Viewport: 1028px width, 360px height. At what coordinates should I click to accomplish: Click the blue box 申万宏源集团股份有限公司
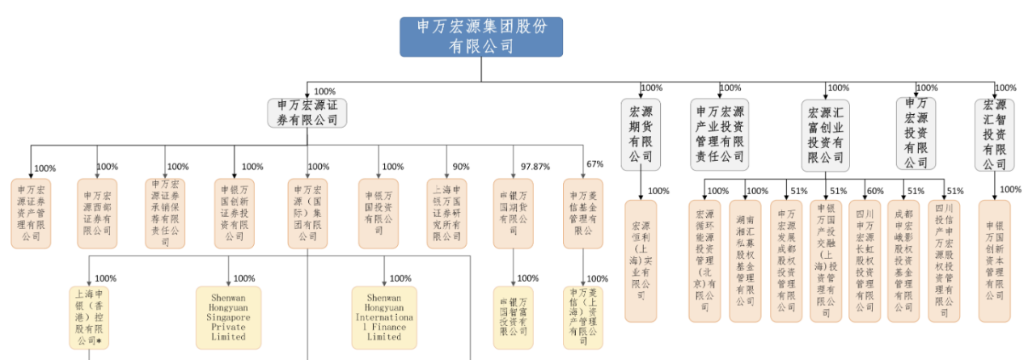click(x=481, y=36)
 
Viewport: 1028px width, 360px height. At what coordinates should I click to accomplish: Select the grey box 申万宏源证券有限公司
click(x=307, y=112)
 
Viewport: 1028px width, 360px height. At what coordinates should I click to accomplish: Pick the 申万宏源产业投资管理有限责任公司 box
click(x=720, y=133)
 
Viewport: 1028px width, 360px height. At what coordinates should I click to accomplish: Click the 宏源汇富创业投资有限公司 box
click(x=826, y=133)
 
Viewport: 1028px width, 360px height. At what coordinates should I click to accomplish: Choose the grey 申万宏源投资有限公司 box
click(x=916, y=133)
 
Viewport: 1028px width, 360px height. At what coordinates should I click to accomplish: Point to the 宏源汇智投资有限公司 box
click(x=995, y=133)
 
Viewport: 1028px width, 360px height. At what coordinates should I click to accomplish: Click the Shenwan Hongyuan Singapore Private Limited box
click(x=228, y=317)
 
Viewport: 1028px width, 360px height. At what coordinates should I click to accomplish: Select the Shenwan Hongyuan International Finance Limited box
click(x=384, y=317)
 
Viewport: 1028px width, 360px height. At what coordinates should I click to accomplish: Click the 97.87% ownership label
click(x=535, y=167)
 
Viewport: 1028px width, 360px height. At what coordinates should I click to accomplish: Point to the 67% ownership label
click(x=594, y=164)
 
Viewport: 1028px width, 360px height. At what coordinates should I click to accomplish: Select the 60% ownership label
click(x=875, y=191)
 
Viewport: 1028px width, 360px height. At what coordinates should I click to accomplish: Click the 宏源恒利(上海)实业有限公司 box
click(x=640, y=261)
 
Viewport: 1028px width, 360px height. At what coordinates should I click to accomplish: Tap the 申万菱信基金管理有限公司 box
click(x=583, y=213)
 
